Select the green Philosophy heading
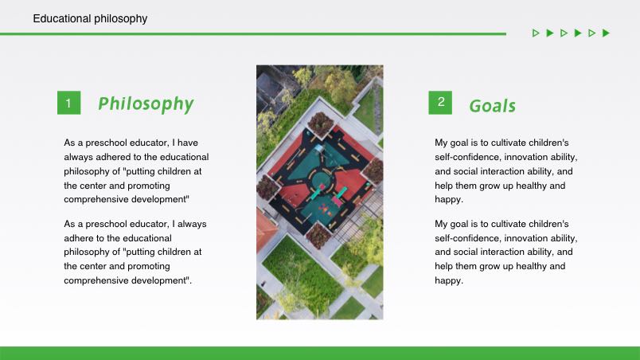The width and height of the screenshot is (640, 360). click(x=146, y=104)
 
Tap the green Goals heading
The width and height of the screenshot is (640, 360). click(x=492, y=106)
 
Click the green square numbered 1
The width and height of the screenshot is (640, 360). click(x=69, y=103)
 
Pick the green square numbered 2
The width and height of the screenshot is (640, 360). click(x=440, y=103)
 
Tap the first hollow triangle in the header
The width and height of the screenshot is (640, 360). click(x=536, y=33)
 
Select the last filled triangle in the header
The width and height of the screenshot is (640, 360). click(x=606, y=33)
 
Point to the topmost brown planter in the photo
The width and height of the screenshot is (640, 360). click(x=320, y=123)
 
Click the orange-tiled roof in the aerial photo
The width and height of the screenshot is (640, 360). click(x=264, y=229)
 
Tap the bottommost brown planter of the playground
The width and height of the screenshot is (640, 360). click(x=318, y=236)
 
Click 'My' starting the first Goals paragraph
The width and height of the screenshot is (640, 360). click(x=441, y=143)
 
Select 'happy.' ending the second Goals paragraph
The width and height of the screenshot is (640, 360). click(x=449, y=281)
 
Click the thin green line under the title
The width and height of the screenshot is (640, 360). click(x=253, y=34)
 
